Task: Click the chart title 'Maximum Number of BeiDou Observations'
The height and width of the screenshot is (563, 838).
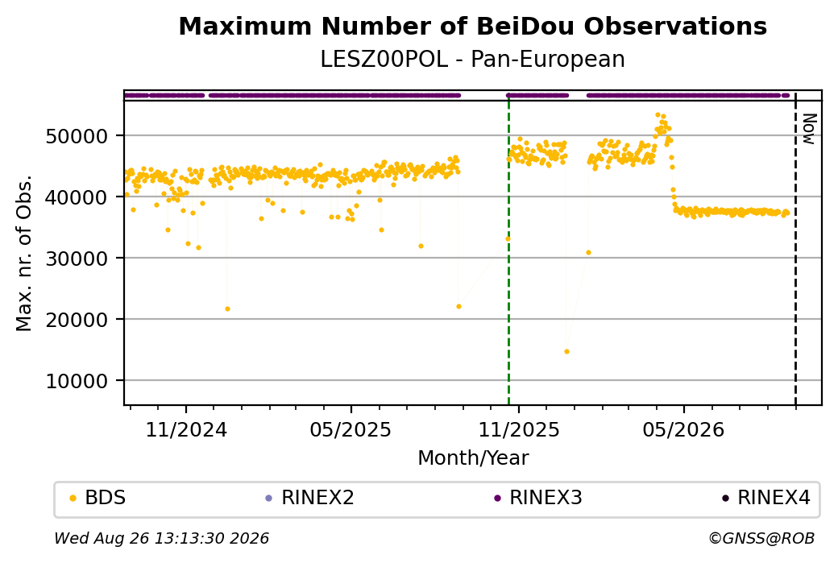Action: pos(472,26)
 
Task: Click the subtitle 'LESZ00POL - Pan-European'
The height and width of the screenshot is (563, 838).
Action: pos(472,60)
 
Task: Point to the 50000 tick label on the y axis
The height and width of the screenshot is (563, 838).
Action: pos(77,136)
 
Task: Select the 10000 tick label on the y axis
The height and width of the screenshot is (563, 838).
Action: pos(77,381)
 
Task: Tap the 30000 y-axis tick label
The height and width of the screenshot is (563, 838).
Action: pos(77,259)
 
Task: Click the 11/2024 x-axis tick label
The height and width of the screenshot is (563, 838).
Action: pos(186,429)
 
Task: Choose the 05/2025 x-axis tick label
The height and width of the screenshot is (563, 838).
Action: pos(351,429)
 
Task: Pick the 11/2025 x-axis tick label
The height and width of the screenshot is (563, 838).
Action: pos(518,429)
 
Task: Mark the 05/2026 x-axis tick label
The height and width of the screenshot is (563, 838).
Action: pos(683,429)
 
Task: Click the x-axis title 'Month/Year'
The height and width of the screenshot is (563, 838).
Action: pos(473,457)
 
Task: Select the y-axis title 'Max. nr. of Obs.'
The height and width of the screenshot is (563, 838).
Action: pos(24,253)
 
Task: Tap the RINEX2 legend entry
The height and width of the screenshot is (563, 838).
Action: pos(310,498)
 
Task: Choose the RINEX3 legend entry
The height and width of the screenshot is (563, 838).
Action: pos(538,498)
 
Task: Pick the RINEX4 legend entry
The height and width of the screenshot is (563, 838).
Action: pos(766,498)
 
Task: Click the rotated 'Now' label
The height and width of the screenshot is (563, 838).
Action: pos(809,129)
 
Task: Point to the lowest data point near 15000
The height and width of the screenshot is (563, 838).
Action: pos(566,351)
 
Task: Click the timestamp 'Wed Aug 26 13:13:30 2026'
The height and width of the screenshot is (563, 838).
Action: pos(161,538)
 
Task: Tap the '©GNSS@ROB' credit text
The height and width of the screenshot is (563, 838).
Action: pos(761,538)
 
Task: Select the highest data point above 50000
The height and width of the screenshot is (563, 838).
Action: pos(658,115)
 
